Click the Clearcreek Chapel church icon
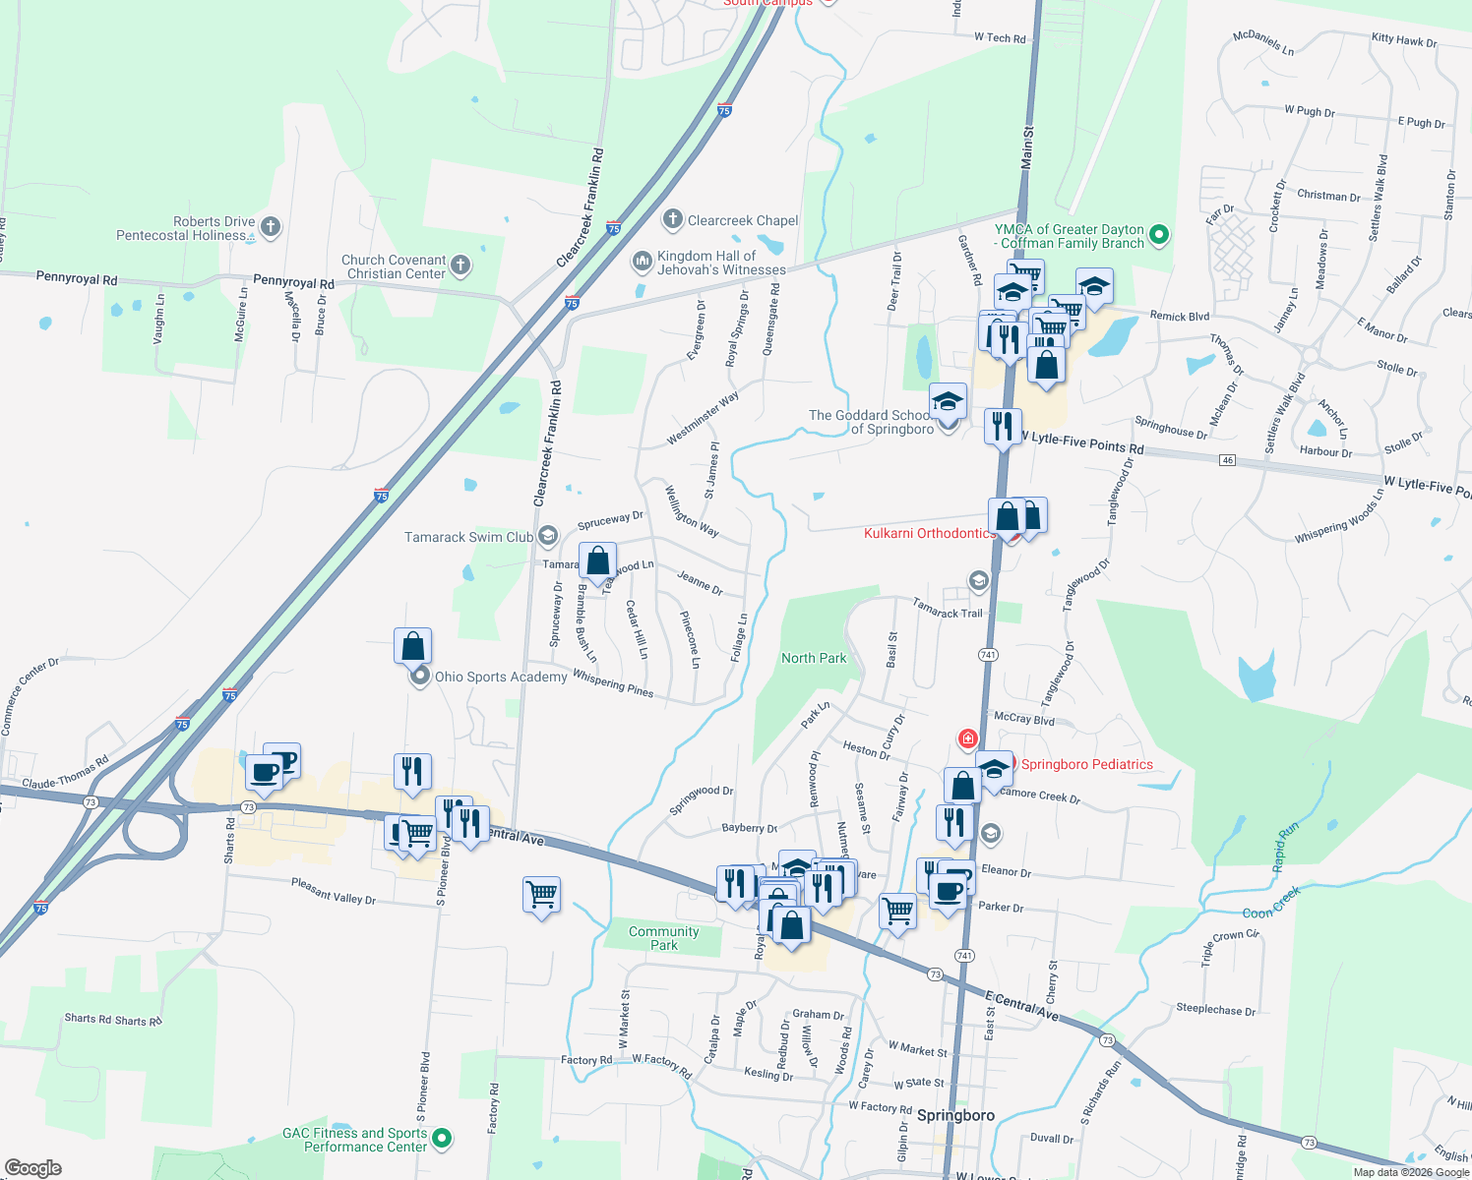[672, 219]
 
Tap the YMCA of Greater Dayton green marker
[1159, 234]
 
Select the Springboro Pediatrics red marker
[968, 738]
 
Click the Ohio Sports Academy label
[501, 677]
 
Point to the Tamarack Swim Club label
[468, 537]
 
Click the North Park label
[814, 658]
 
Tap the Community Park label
[664, 938]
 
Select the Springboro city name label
[955, 1115]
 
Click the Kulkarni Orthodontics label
[929, 533]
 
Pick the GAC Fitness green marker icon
[442, 1139]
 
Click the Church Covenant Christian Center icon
[460, 265]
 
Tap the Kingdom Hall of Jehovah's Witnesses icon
[642, 261]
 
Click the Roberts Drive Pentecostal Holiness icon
[271, 227]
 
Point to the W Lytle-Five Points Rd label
[1083, 443]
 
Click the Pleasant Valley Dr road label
[334, 891]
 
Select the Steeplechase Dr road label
[1215, 1010]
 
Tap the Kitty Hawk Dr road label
[1404, 40]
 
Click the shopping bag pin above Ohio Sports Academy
[413, 646]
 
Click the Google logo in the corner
[33, 1167]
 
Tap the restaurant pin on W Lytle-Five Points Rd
[1002, 427]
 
